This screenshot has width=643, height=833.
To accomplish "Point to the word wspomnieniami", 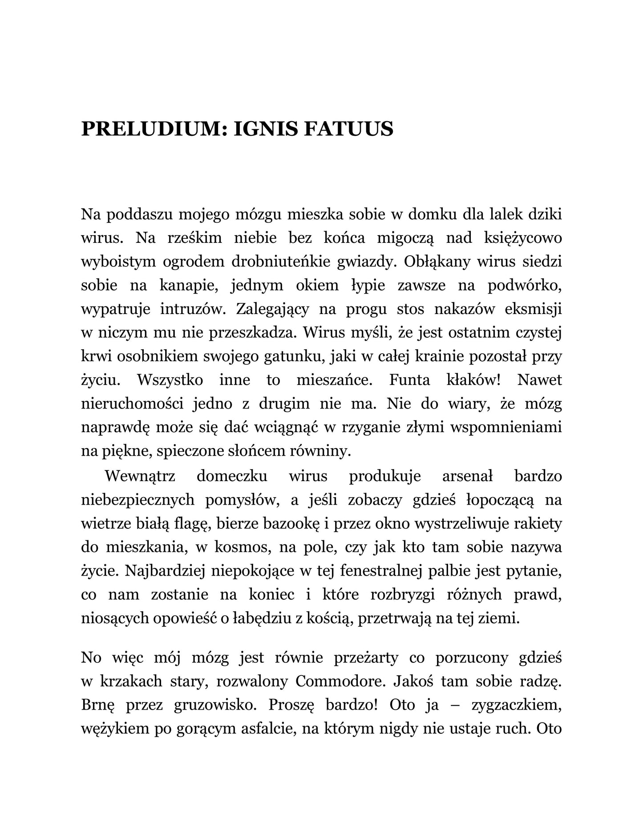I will pos(506,427).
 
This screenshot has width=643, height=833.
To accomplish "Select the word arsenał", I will pos(467,476).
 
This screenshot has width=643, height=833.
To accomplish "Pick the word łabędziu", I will pos(264,619).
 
